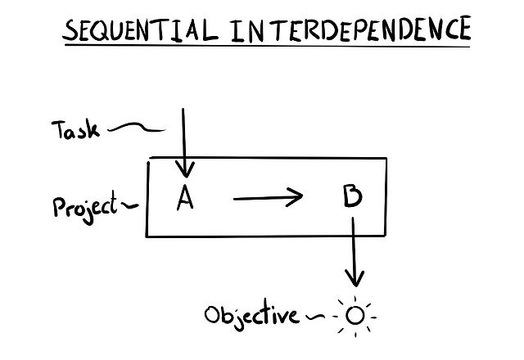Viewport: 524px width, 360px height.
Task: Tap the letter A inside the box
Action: point(185,198)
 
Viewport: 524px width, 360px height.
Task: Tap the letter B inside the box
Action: point(349,197)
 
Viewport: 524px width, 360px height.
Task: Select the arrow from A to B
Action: point(267,198)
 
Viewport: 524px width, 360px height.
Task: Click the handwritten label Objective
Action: point(251,313)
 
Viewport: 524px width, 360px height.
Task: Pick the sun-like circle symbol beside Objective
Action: point(354,314)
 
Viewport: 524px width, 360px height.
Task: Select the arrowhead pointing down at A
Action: point(186,170)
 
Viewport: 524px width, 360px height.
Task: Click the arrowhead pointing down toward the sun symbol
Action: point(355,277)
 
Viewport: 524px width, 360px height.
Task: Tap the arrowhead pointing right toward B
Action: point(296,198)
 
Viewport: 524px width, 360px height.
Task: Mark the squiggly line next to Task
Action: point(135,128)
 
